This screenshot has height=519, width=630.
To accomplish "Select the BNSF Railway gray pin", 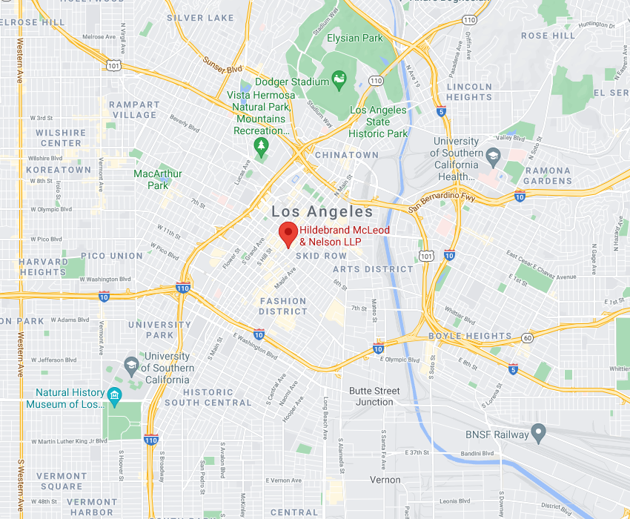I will [x=540, y=433].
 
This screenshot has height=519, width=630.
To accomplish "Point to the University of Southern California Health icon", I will [x=493, y=156].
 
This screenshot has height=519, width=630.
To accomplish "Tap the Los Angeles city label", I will [x=322, y=212].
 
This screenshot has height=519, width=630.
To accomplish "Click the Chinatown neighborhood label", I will [x=346, y=155].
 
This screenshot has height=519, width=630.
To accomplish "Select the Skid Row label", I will [x=322, y=256].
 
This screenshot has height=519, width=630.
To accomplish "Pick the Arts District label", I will [x=373, y=269].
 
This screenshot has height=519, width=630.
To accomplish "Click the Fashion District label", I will [x=282, y=306].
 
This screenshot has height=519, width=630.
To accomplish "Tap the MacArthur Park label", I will [x=158, y=179].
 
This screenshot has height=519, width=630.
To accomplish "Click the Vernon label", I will [x=385, y=480].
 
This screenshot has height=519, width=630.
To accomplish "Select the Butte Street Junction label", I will [x=374, y=396].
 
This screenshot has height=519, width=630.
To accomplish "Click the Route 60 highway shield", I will [x=527, y=338].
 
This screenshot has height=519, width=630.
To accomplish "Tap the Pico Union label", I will [x=112, y=256].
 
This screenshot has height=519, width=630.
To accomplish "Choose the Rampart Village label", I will [x=134, y=110].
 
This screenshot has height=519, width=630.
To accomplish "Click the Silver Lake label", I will [x=200, y=18].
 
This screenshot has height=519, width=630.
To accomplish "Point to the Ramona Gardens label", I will [x=548, y=176].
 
